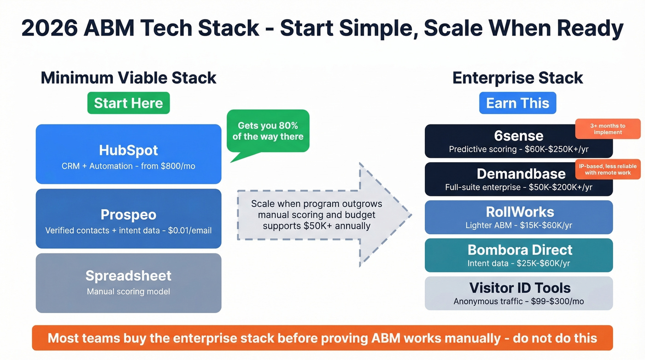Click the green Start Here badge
(129, 103)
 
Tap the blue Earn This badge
(517, 103)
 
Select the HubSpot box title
(129, 150)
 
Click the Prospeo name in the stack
(129, 214)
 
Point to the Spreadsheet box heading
(129, 276)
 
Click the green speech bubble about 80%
(268, 131)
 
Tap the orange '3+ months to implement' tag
(608, 129)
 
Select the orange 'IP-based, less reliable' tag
(608, 169)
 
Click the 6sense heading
(519, 136)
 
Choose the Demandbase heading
(519, 174)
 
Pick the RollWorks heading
(519, 212)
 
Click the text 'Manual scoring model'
(129, 291)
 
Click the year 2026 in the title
(48, 28)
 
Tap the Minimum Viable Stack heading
(129, 77)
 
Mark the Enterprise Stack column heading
(517, 77)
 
